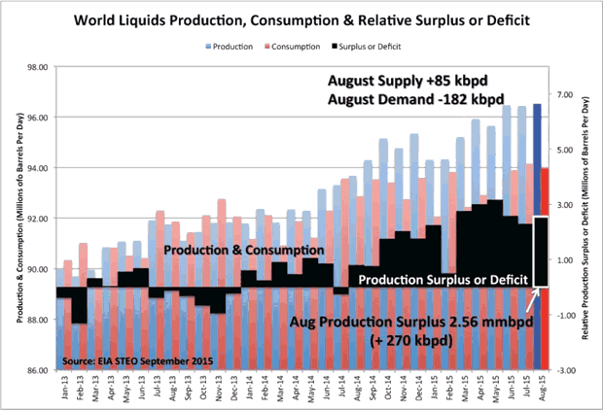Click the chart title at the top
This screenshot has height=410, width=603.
[x=301, y=19]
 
